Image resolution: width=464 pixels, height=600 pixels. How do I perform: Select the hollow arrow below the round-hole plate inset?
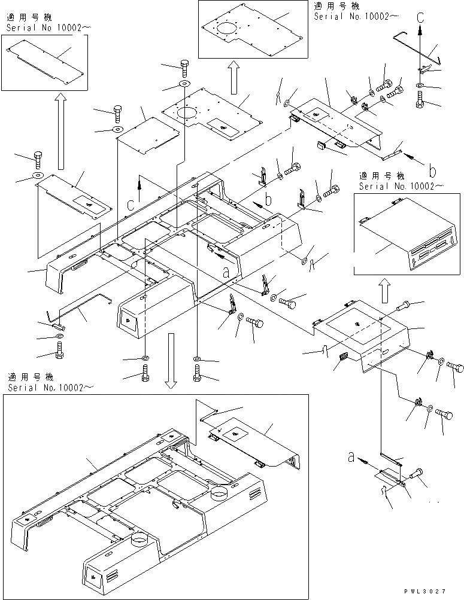coord(234,76)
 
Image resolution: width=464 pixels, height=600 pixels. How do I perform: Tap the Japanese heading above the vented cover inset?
coord(381,176)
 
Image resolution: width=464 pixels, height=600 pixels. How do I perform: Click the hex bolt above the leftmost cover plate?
coord(39,159)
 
